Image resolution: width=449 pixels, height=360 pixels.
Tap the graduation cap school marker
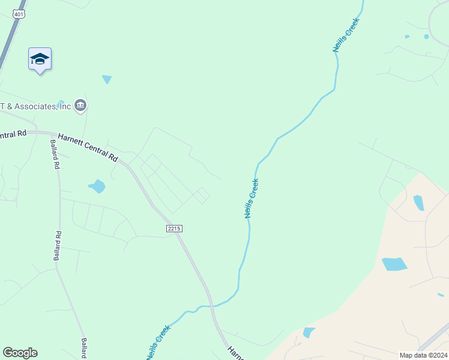coord(40,59)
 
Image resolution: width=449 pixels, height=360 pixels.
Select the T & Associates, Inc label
coord(36,107)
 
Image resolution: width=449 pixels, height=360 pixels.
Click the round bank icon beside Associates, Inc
coord(80,106)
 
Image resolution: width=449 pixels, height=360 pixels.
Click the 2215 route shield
coord(173,229)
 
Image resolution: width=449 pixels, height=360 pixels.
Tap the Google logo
coord(20,353)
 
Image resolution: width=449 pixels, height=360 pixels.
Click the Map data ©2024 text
coord(423,355)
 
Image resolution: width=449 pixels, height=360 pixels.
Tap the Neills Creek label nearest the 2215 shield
coord(252,198)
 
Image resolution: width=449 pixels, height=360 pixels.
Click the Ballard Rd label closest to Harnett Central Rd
coord(55,154)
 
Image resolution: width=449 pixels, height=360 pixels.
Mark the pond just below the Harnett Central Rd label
coord(97,186)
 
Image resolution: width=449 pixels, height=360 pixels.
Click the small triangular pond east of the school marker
coord(107,79)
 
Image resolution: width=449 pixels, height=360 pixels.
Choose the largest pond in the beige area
coord(394,264)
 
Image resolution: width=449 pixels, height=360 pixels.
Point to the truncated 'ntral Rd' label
coord(13,134)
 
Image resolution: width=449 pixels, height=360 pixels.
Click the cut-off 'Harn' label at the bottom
coord(235,352)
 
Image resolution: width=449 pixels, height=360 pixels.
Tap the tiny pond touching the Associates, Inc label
coord(60,103)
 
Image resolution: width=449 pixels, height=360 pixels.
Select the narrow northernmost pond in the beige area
coord(418,203)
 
